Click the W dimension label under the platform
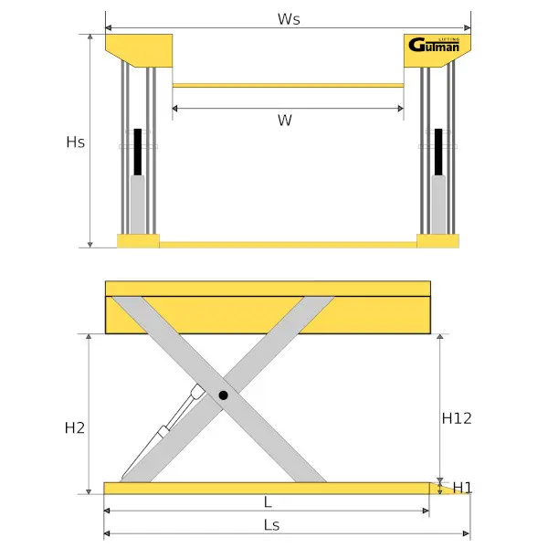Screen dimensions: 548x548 (285, 121)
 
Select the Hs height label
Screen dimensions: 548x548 (76, 142)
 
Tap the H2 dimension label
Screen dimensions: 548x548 (75, 427)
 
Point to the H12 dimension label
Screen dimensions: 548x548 (456, 418)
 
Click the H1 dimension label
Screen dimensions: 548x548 (462, 487)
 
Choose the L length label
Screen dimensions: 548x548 (267, 502)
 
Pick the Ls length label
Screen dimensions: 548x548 (270, 524)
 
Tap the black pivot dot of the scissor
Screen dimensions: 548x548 (223, 395)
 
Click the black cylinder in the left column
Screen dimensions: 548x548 (139, 152)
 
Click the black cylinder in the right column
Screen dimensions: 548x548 (439, 152)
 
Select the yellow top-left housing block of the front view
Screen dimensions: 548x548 (139, 47)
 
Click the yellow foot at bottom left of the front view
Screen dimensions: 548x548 (138, 241)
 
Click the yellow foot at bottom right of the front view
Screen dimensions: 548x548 (437, 241)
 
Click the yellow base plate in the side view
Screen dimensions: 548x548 (265, 488)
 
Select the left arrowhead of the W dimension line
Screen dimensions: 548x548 (175, 108)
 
